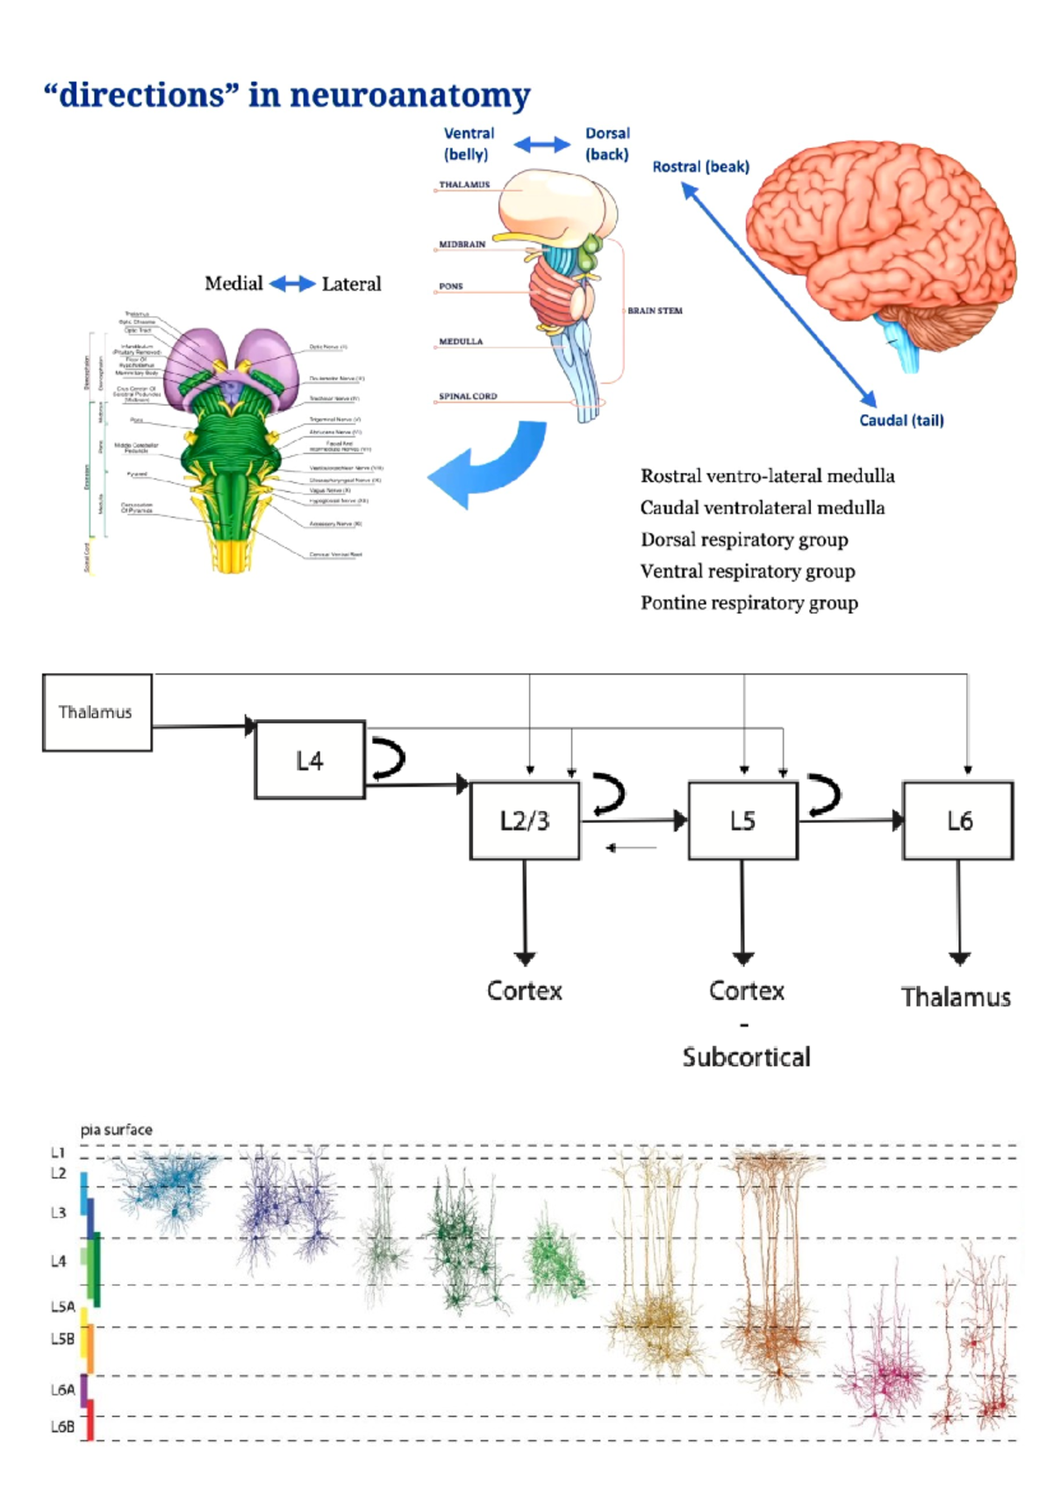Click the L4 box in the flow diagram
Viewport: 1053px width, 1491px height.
coord(309,760)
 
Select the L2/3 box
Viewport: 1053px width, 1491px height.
coord(525,820)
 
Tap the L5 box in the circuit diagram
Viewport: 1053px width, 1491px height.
coord(742,820)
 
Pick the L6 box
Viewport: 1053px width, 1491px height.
coord(958,820)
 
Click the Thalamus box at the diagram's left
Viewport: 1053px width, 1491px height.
coord(97,712)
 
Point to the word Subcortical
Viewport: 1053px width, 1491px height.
coord(746,1056)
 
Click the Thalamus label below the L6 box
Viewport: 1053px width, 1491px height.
coord(956,998)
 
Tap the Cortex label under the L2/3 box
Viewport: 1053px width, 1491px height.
coord(525,990)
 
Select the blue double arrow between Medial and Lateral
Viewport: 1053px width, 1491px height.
coord(292,284)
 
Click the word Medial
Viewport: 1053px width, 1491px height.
coord(233,284)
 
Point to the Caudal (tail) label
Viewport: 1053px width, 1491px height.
coord(901,421)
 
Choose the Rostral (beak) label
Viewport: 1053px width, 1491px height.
coord(700,167)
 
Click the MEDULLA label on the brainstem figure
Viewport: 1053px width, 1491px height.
coord(461,342)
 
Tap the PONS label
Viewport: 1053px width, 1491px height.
coord(451,286)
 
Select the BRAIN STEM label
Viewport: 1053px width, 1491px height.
coord(655,311)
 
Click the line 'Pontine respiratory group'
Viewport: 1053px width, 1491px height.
coord(749,603)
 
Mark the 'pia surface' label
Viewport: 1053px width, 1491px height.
coord(116,1129)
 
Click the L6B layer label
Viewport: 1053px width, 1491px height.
coord(62,1427)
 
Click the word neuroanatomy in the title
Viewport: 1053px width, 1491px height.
coord(410,95)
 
